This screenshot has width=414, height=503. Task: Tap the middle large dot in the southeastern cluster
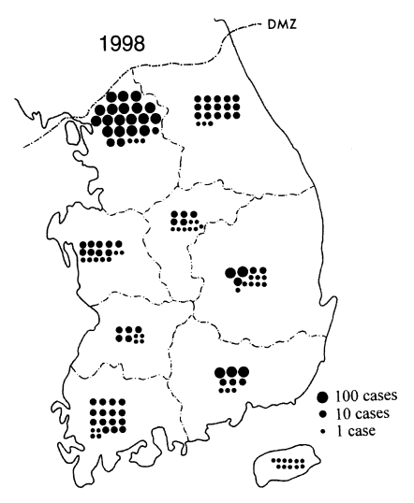tap(231, 373)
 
